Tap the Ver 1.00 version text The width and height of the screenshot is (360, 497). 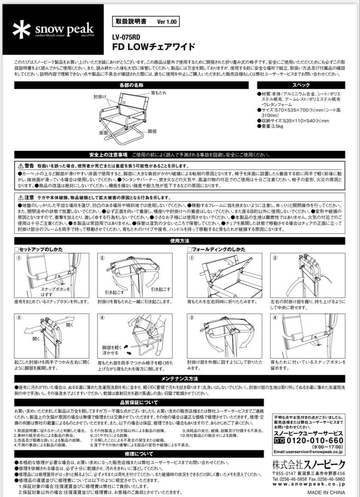click(x=166, y=22)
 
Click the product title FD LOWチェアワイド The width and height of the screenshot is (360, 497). click(x=154, y=46)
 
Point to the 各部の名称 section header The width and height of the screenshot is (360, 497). click(x=131, y=85)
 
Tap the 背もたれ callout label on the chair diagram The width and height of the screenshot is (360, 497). click(x=159, y=93)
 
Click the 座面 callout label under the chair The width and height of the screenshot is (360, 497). click(x=103, y=132)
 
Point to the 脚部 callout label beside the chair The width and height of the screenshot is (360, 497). click(x=152, y=132)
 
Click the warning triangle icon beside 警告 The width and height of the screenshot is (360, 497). click(x=20, y=166)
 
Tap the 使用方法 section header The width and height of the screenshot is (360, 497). click(x=180, y=240)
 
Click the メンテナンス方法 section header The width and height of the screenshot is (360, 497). click(x=180, y=378)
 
